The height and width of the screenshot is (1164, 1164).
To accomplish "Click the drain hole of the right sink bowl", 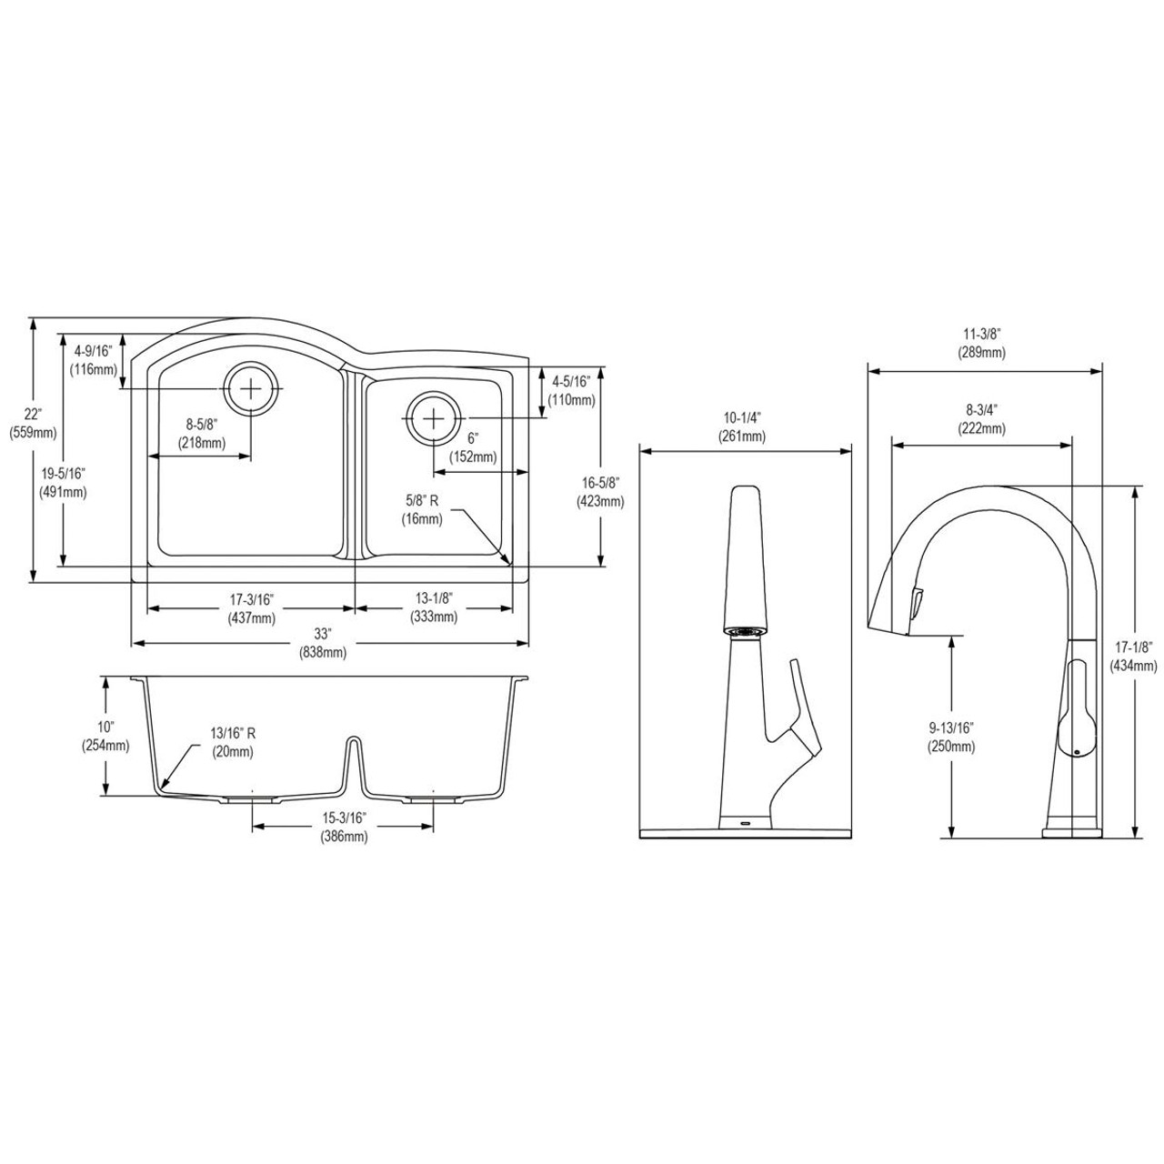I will pyautogui.click(x=434, y=417).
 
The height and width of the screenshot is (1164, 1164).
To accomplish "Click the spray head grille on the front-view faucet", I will pyautogui.click(x=746, y=629).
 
